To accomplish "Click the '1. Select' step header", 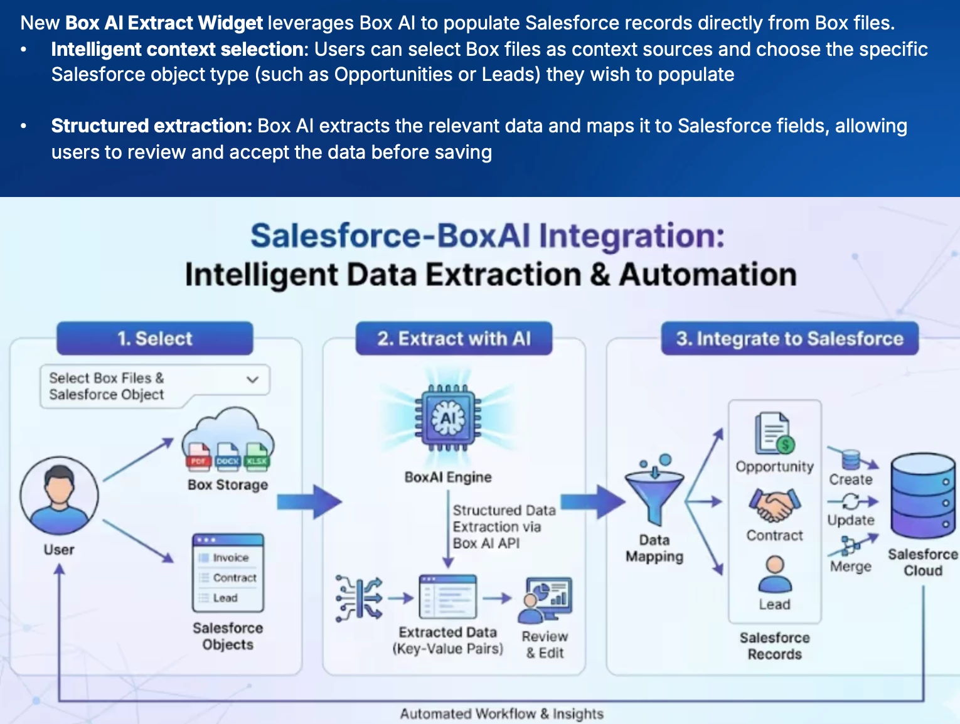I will (x=154, y=339).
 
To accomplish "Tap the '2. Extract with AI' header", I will (x=454, y=339).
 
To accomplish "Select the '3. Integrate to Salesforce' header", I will (x=789, y=339).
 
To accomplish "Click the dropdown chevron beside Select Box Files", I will (x=252, y=380).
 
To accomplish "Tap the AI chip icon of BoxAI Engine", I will (x=448, y=418).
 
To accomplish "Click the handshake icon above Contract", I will (x=774, y=505).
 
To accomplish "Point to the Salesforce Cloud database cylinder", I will (x=922, y=496).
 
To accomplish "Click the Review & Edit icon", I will (x=545, y=599).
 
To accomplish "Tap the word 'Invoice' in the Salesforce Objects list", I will (x=230, y=558).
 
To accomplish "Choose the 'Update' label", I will (x=850, y=520).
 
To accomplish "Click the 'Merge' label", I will (x=850, y=567).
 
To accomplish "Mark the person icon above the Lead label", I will (x=775, y=574).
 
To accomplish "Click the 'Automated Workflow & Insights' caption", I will (x=501, y=713).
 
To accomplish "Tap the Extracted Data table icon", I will (x=447, y=597).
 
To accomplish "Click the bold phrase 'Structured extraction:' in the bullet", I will (x=151, y=126).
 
